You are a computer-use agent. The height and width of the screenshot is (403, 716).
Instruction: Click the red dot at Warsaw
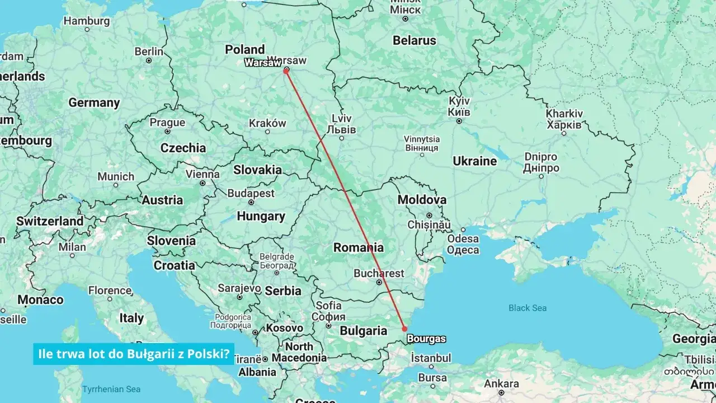coord(286,71)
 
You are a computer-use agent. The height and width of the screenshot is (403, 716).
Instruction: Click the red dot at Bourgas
coord(404,329)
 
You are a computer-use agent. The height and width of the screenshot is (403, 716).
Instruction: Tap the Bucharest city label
coord(379,274)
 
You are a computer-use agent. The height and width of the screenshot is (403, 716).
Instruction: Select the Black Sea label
coord(527,308)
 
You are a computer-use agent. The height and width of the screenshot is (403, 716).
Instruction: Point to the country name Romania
coord(359,247)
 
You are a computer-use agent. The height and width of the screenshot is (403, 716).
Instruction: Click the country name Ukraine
coord(474,161)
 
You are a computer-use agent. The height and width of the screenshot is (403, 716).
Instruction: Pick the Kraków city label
coord(267,123)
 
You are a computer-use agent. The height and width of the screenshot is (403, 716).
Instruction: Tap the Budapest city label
coord(251,193)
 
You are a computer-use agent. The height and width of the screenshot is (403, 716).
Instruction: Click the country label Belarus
coord(414,40)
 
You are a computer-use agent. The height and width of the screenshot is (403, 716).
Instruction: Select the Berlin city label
coord(149,51)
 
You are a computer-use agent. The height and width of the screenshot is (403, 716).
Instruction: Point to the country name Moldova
coord(422,200)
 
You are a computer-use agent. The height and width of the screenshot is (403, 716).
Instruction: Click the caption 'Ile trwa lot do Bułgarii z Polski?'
coord(133,354)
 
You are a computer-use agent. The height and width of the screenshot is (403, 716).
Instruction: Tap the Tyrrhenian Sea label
coord(111,389)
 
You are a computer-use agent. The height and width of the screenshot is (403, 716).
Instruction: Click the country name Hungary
coord(261,216)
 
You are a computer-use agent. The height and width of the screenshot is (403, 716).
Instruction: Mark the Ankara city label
coord(501,384)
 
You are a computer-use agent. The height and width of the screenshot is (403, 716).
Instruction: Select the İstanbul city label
coord(431,358)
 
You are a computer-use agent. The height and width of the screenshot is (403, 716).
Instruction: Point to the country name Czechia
coord(183,148)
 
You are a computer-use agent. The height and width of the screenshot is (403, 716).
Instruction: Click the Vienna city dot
coord(202,183)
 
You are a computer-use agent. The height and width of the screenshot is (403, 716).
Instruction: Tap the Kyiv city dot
coord(459,120)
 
